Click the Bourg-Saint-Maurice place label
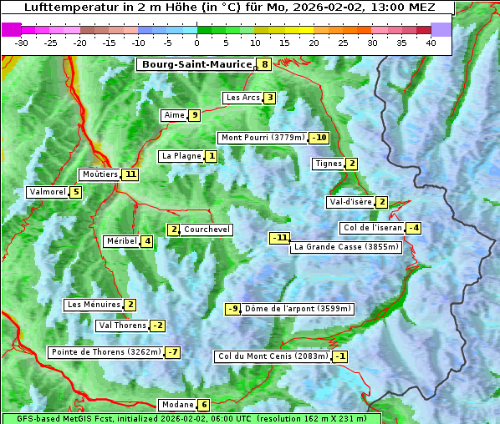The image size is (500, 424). (196, 64)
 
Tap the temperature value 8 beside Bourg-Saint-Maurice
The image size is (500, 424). (265, 64)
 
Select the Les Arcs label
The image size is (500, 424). (243, 98)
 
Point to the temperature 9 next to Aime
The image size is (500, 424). (194, 115)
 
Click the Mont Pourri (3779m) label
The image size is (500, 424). (262, 138)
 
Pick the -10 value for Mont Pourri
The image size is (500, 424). (319, 138)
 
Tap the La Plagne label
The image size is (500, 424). (181, 156)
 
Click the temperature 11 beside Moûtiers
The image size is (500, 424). (130, 174)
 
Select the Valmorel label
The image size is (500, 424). (47, 192)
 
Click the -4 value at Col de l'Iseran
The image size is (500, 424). (413, 228)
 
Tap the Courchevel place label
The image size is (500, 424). (207, 230)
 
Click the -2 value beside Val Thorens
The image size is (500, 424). (157, 326)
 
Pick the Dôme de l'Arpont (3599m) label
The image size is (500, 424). (298, 309)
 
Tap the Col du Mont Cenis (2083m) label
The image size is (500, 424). (272, 356)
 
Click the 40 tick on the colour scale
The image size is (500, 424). (431, 43)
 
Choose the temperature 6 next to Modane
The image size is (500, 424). (203, 405)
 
